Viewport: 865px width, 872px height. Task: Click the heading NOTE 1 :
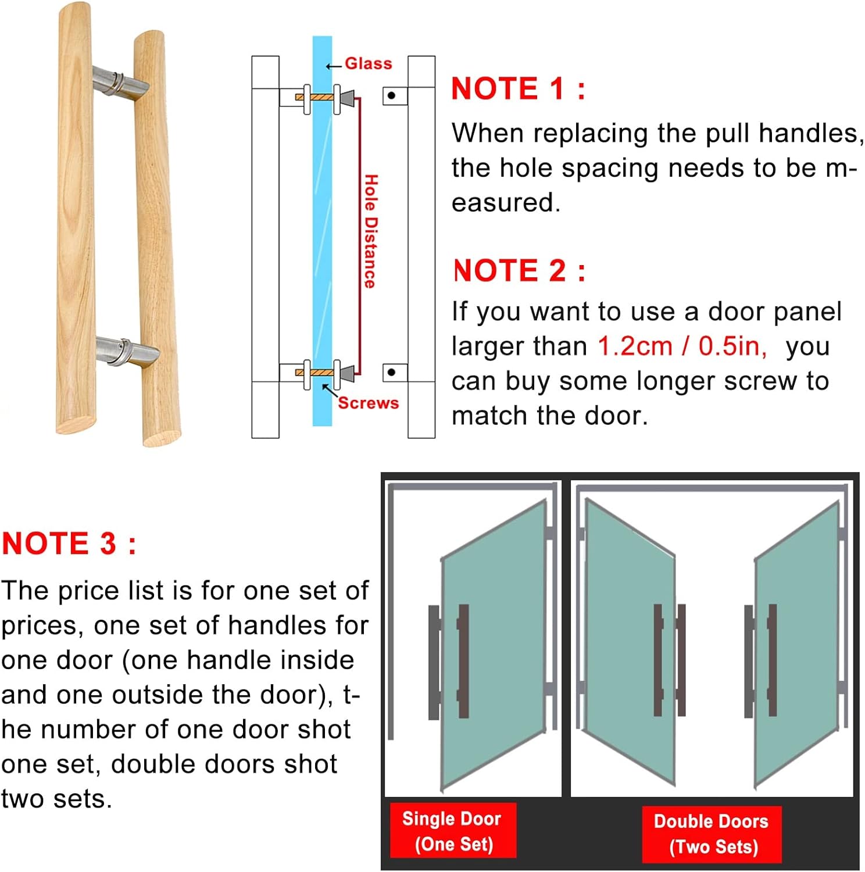(518, 89)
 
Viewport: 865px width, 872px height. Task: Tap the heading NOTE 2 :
(519, 271)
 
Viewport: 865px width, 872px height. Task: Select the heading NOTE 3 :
(69, 544)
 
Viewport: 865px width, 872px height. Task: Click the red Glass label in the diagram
(368, 63)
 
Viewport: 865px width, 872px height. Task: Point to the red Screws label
(368, 403)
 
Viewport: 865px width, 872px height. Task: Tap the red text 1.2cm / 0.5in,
(682, 346)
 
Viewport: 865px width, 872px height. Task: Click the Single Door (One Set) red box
(452, 831)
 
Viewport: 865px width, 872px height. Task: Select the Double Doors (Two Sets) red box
(711, 834)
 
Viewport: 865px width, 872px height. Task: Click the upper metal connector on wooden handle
(120, 82)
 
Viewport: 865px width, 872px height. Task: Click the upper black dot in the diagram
(391, 95)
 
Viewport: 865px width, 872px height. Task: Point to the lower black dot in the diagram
(391, 372)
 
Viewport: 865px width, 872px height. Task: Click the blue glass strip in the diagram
(322, 233)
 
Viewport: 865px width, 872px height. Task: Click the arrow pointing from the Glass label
(333, 66)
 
